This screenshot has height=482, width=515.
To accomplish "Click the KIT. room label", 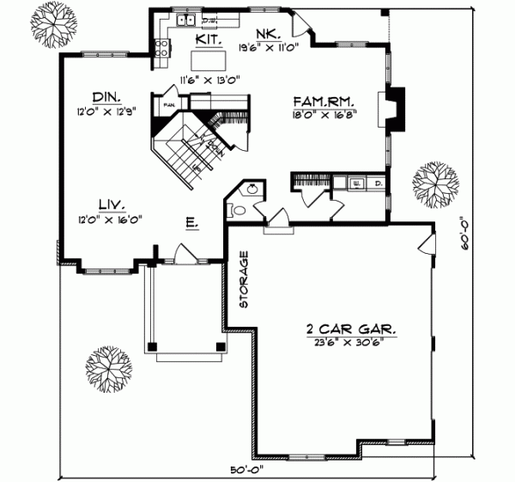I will coord(210,39).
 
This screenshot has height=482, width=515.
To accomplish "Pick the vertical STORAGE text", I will coord(244,279).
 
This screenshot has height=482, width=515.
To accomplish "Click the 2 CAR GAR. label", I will coord(343,328).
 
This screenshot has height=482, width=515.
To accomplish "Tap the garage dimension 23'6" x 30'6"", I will coord(343,341).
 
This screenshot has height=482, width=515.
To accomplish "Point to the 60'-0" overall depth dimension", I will coord(463,232).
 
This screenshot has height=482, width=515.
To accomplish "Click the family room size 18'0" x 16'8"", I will coord(325,111).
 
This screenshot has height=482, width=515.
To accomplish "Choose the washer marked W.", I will coord(357,182).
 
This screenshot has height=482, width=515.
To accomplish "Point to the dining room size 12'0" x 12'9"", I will coord(107,111).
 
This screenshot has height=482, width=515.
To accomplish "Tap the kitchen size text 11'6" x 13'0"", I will coord(209,80).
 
